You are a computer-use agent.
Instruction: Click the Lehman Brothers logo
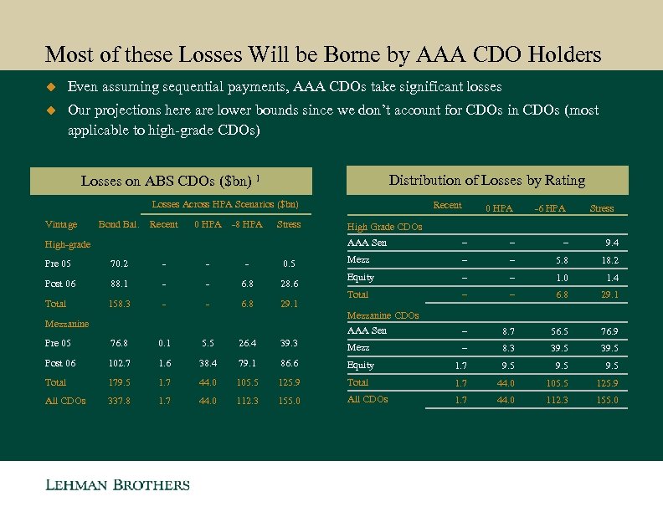(x=117, y=485)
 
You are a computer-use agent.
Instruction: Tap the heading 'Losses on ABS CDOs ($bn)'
(x=170, y=182)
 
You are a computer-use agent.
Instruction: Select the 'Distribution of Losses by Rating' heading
(x=487, y=181)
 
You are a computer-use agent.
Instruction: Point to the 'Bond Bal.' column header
(x=118, y=224)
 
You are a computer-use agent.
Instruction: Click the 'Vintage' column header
(x=60, y=224)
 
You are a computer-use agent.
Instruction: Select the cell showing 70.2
(x=118, y=264)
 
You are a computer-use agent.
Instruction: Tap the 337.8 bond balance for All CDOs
(x=118, y=401)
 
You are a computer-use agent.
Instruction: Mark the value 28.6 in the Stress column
(x=288, y=284)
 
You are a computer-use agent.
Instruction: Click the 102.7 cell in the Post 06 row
(x=118, y=362)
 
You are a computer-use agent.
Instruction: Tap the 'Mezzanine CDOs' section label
(x=383, y=315)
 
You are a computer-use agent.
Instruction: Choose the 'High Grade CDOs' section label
(x=384, y=227)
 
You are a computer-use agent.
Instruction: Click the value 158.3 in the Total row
(x=118, y=304)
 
